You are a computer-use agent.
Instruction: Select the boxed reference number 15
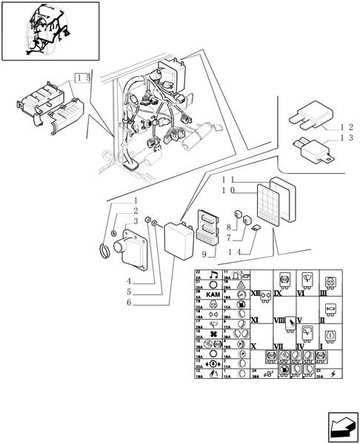click(83, 78)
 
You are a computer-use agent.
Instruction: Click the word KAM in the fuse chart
click(213, 295)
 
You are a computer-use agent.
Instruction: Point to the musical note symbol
click(213, 275)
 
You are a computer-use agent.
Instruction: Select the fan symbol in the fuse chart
click(213, 334)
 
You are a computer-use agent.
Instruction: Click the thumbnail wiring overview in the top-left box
click(50, 31)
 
